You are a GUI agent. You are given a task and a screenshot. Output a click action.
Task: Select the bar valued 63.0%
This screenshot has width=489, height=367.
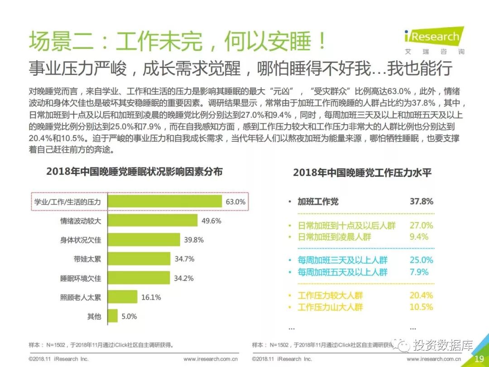pos(165,202)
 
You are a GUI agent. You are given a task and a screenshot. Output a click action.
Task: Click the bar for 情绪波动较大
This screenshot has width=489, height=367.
pos(153,221)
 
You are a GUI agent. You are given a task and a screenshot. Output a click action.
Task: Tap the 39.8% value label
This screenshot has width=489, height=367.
pos(193,240)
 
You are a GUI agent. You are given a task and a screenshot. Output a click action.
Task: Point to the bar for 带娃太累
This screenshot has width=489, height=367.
pos(139,259)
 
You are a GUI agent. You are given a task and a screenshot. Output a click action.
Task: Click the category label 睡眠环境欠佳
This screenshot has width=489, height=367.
pos(81,278)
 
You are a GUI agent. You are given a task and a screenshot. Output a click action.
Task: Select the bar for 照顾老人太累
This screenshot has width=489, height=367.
pos(122,297)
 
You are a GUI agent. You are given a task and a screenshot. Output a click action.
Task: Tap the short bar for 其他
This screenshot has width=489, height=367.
pos(112,316)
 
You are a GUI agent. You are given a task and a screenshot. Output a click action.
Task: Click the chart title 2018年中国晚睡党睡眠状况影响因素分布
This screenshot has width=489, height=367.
pos(134,172)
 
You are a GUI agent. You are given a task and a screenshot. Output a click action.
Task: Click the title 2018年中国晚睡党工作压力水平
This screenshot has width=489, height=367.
pos(362,173)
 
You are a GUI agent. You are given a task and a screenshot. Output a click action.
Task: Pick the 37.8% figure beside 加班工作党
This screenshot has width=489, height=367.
pos(422,202)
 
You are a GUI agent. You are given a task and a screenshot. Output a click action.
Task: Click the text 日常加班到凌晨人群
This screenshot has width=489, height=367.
pos(335,237)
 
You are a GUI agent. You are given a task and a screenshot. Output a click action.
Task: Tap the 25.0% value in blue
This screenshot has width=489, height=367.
pos(422,260)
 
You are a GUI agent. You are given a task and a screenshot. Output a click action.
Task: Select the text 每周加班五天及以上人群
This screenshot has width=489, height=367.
pos(342,272)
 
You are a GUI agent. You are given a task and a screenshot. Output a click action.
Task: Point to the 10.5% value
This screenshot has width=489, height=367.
pos(422,307)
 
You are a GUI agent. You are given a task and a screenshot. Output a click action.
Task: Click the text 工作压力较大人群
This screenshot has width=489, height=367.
pos(330,295)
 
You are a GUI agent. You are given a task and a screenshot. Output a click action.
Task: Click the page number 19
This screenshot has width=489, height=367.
pos(479,358)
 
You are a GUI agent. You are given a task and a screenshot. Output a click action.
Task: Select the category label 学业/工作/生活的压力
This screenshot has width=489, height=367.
pos(68,202)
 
